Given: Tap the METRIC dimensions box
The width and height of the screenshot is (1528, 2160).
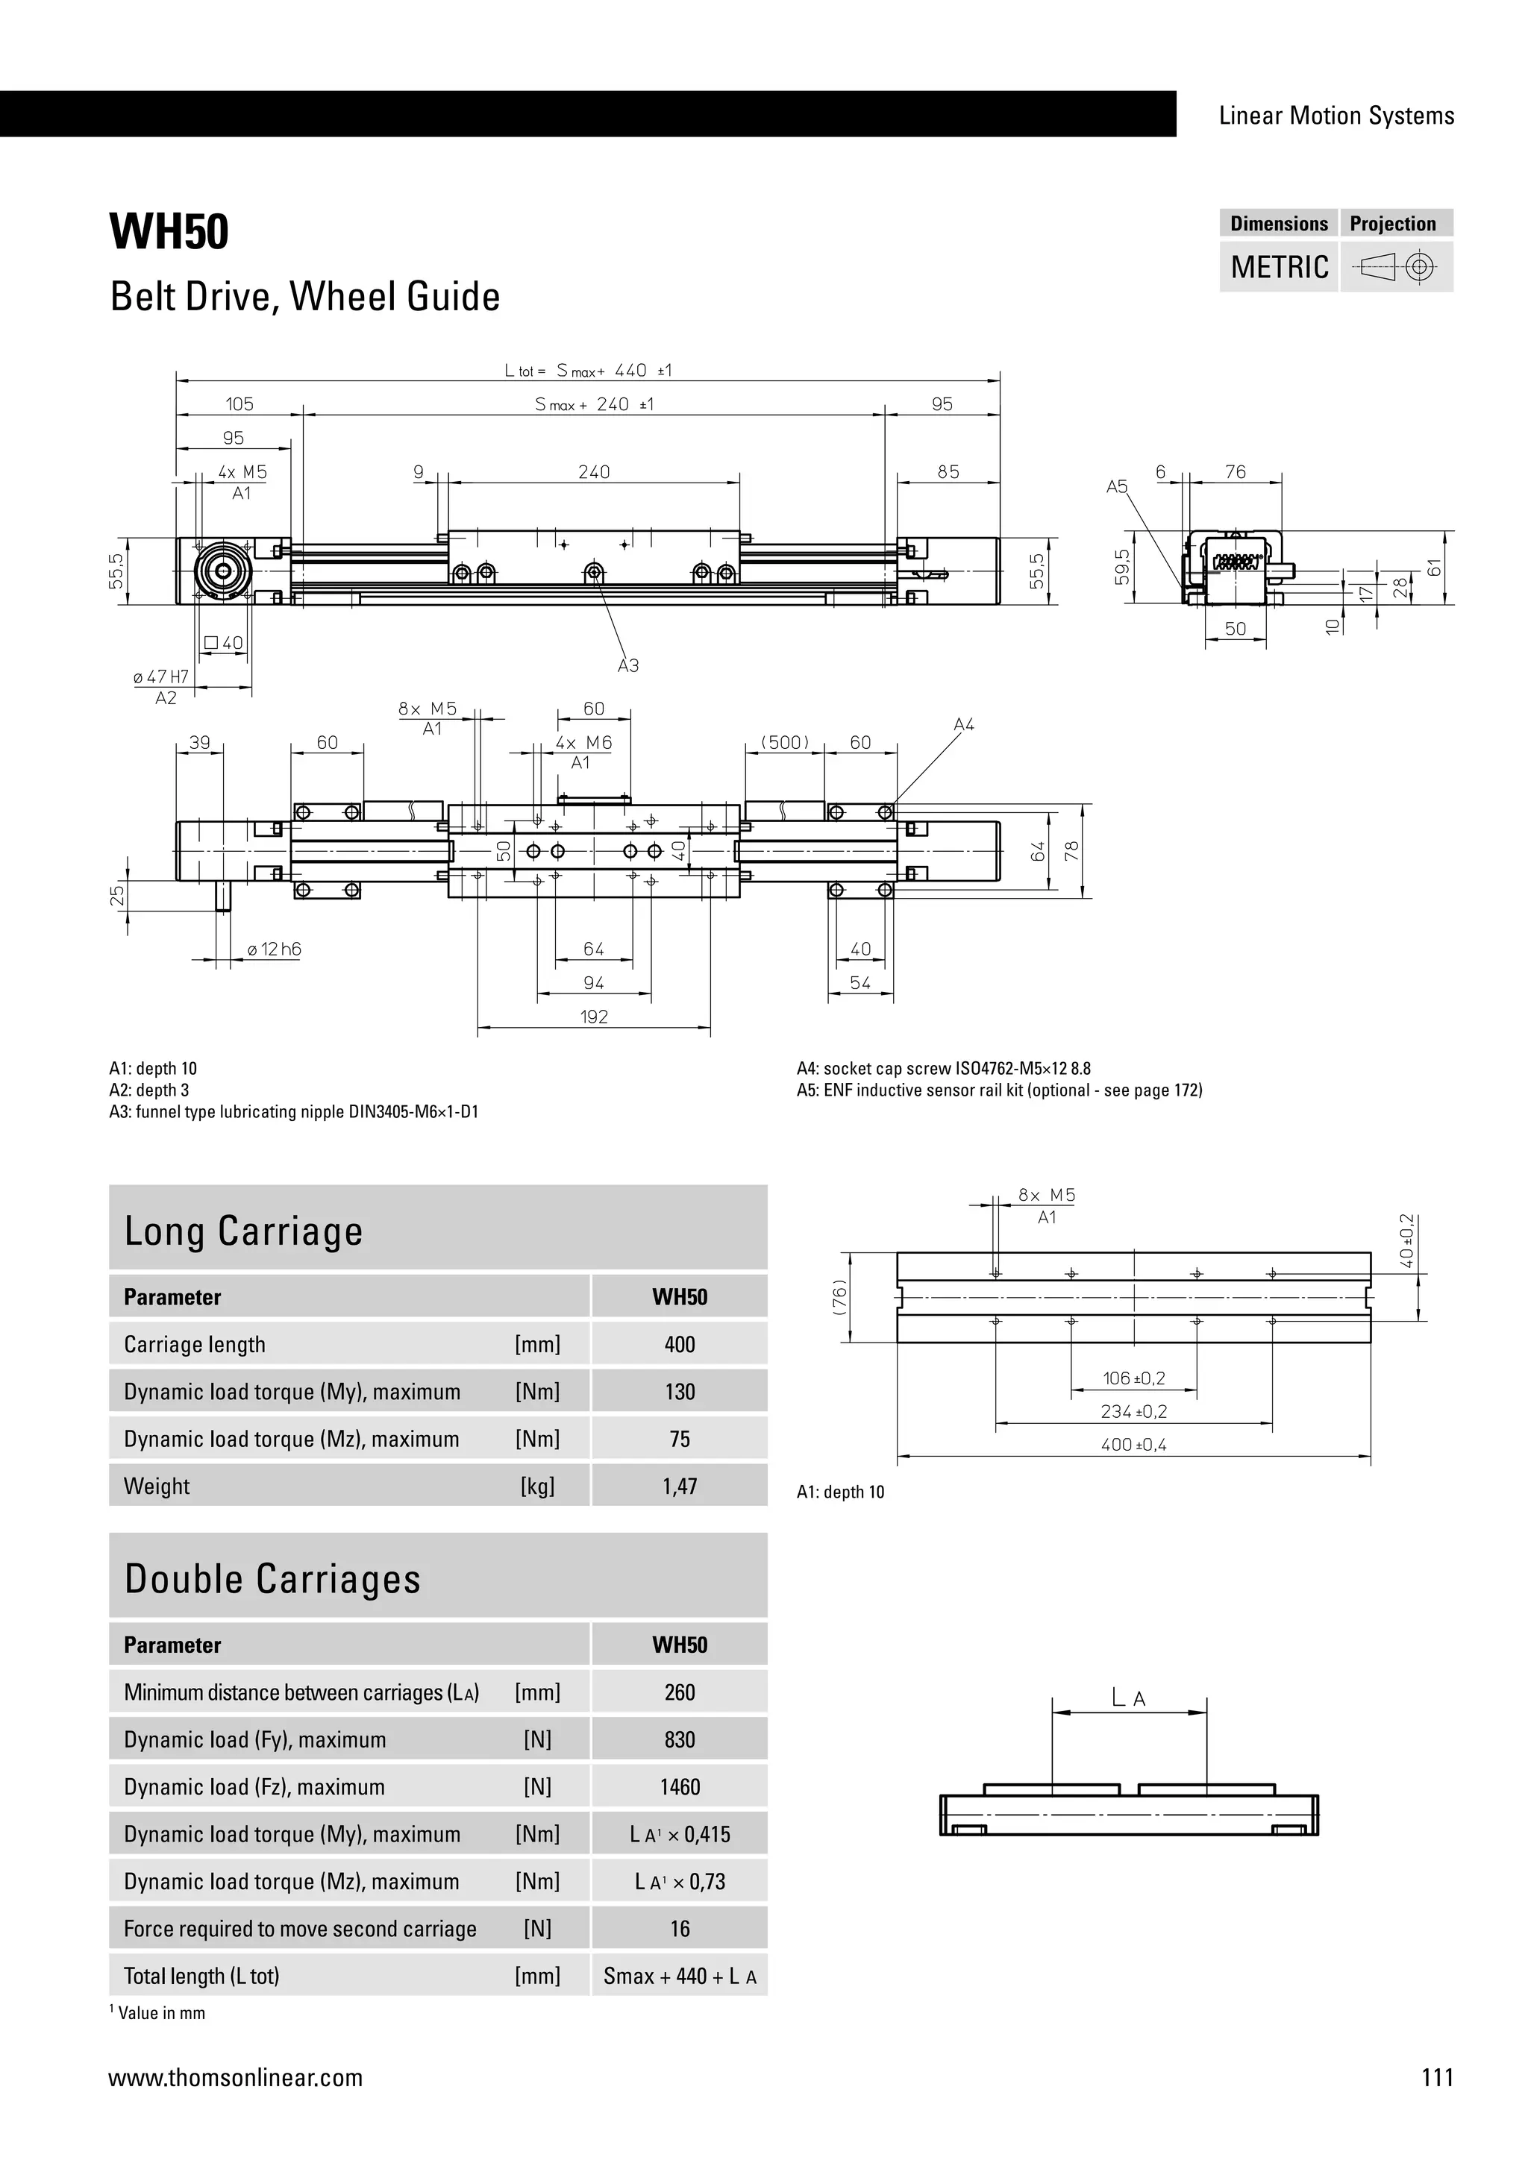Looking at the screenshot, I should pos(1279,267).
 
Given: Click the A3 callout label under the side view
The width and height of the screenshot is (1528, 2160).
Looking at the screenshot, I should pos(627,666).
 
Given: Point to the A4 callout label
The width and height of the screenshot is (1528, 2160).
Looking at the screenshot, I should pos(963,724).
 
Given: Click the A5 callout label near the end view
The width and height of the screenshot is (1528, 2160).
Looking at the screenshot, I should pos(1116,487).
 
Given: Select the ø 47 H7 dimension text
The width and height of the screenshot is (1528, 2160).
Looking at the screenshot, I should pos(161,676).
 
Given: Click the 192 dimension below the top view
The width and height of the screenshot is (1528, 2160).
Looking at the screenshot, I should pos(594,1017).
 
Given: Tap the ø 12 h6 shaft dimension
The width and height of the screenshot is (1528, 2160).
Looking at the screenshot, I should pos(274,949).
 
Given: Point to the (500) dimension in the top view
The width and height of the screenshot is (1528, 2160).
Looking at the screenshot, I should pos(785,742).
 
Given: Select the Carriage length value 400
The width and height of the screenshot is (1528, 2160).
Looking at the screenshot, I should pos(680,1344).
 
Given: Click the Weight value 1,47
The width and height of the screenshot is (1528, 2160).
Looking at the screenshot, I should pos(680,1486).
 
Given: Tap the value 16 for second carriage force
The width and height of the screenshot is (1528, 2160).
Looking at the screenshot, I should pos(680,1930).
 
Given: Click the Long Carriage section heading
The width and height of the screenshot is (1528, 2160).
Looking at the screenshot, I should pos(244,1231).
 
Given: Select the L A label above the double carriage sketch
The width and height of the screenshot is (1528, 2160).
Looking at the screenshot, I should pos(1128,1698).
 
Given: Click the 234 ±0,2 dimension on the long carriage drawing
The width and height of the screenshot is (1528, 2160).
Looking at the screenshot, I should pos(1134,1411).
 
